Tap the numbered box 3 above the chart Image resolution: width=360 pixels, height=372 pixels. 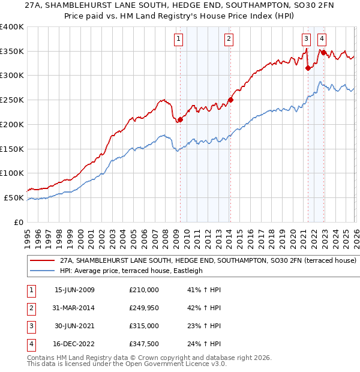[x=307, y=40]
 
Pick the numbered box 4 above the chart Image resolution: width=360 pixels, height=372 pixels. [x=322, y=40]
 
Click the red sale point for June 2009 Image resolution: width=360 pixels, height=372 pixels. [x=180, y=119]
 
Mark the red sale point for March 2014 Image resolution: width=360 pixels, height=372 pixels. [x=230, y=100]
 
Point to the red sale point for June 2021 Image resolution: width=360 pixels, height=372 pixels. [x=308, y=68]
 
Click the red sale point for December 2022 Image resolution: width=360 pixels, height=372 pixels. [x=323, y=52]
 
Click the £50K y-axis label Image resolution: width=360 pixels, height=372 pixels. [x=14, y=197]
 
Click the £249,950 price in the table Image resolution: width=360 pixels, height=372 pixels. [x=144, y=308]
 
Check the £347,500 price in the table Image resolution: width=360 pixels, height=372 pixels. [x=144, y=344]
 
